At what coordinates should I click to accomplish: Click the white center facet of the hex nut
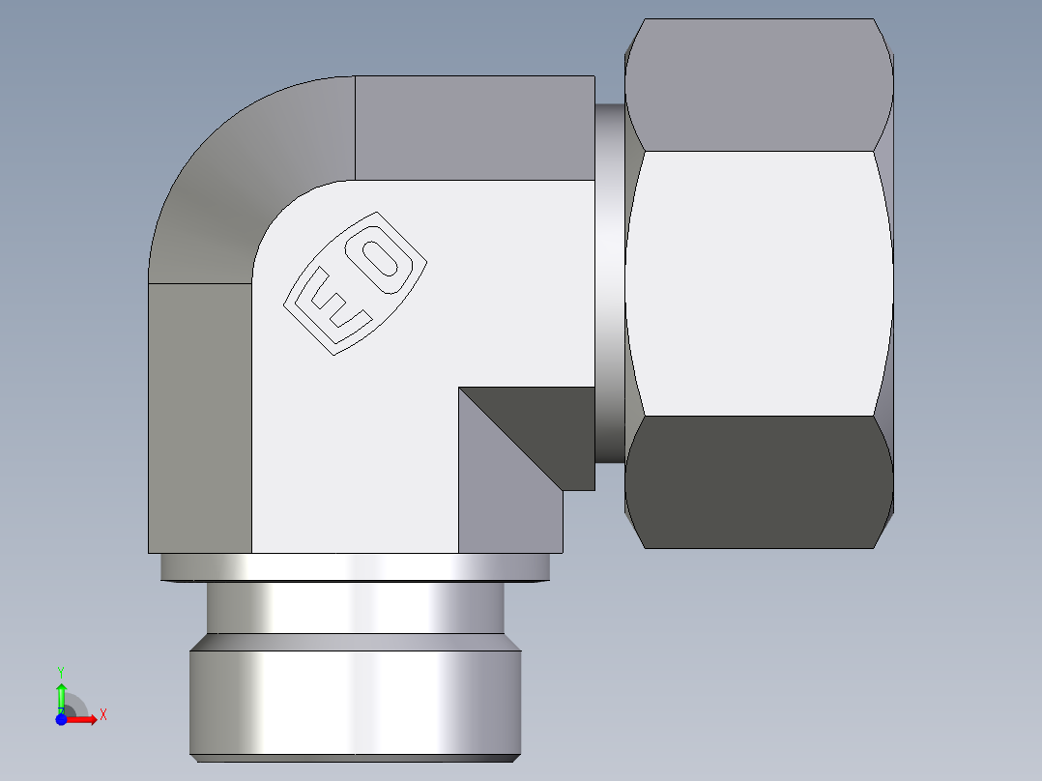tap(759, 283)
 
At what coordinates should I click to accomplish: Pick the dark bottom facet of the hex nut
tap(759, 481)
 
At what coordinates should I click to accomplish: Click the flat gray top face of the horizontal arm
tap(474, 128)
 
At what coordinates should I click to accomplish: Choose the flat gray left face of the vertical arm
tap(199, 416)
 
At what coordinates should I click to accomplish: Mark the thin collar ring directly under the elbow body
tap(355, 567)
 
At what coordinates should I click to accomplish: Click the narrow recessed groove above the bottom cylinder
tap(355, 609)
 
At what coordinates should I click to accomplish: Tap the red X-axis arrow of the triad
tap(83, 719)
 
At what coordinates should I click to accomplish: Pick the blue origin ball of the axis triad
tap(61, 719)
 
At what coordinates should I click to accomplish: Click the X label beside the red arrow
tap(103, 715)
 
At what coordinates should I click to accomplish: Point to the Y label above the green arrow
tap(61, 671)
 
